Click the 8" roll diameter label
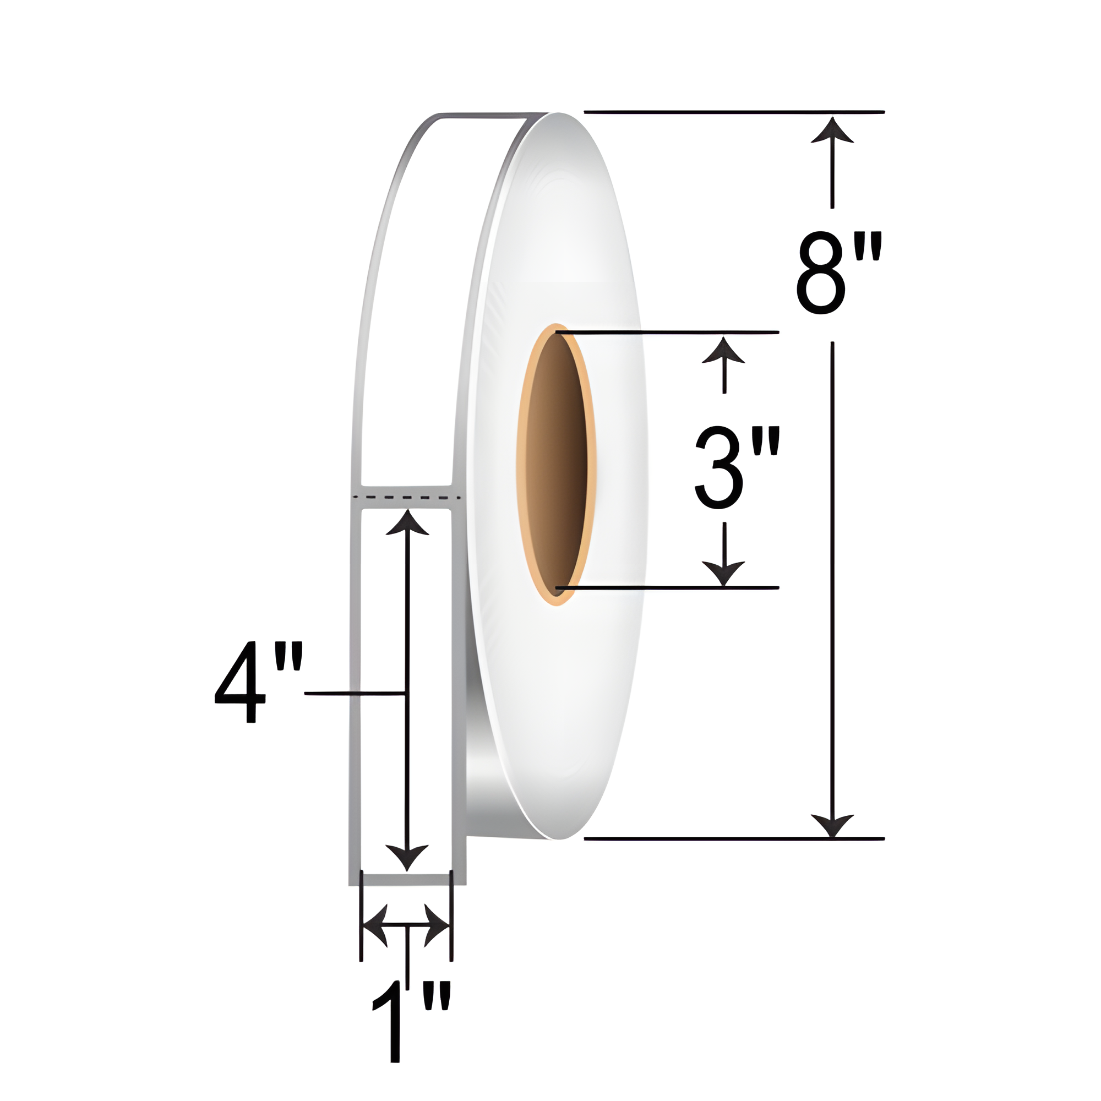[839, 272]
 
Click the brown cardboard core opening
[556, 465]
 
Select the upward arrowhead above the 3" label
[723, 350]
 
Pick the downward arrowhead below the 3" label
[723, 573]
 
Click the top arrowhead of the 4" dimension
[407, 522]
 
